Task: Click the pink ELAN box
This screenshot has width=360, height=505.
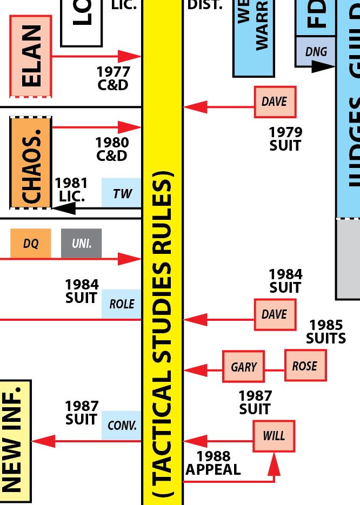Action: click(31, 56)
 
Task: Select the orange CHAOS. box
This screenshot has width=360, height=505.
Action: click(31, 163)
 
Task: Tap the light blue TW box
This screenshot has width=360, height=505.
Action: click(122, 193)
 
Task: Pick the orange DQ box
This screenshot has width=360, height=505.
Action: click(31, 243)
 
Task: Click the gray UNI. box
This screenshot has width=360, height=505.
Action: click(81, 243)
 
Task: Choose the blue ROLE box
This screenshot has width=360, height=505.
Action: click(122, 304)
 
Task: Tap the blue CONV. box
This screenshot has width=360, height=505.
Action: click(122, 426)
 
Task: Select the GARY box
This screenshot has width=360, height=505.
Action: click(244, 366)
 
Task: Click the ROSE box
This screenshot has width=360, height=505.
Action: click(305, 365)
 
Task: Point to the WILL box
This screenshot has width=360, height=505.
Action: click(274, 436)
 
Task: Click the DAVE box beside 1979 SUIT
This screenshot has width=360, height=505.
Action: click(275, 102)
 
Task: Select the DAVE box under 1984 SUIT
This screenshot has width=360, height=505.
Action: click(275, 314)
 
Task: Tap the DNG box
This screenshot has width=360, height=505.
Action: click(316, 52)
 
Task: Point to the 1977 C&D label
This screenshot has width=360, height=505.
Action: click(113, 78)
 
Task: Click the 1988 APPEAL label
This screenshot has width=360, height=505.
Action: click(213, 463)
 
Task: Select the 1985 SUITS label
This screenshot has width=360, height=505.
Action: click(325, 332)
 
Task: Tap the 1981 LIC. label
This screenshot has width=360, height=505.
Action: click(71, 190)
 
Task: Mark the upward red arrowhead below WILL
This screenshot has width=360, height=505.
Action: click(275, 462)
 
